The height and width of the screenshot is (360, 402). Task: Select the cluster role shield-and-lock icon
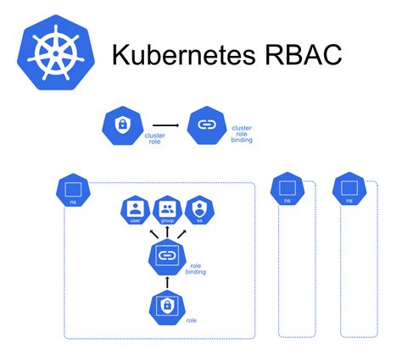click(x=121, y=125)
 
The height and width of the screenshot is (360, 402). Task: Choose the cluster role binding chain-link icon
click(x=205, y=125)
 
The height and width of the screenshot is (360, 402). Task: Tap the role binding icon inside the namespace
click(x=167, y=257)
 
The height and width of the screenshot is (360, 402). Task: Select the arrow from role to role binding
click(x=167, y=281)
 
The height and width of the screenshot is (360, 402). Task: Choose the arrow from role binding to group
click(x=167, y=231)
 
